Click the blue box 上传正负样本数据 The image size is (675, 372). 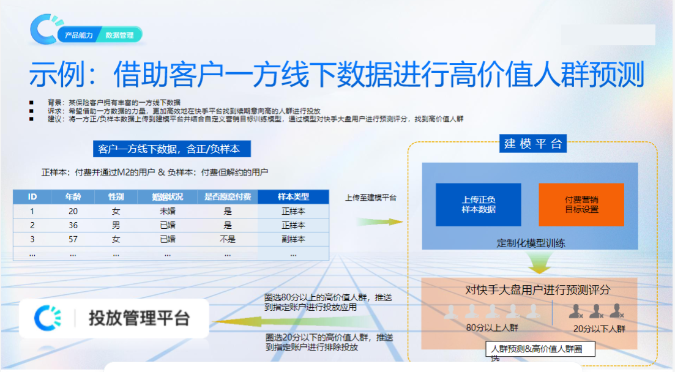click(x=478, y=204)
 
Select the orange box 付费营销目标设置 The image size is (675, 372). click(x=581, y=204)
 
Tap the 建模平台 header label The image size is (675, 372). click(x=533, y=144)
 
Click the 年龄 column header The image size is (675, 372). click(x=73, y=197)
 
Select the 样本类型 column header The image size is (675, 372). click(x=293, y=197)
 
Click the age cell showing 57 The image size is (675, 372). click(x=73, y=239)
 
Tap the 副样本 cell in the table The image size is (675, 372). click(x=293, y=239)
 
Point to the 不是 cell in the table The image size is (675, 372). click(x=227, y=239)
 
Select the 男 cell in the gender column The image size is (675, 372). click(x=116, y=225)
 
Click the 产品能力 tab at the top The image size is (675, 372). click(x=79, y=35)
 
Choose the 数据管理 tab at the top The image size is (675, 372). click(x=119, y=35)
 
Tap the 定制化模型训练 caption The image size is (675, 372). click(x=531, y=243)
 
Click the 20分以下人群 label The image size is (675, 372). click(x=599, y=329)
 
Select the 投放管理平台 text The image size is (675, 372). click(x=139, y=318)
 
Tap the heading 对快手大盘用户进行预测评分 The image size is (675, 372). click(x=529, y=289)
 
